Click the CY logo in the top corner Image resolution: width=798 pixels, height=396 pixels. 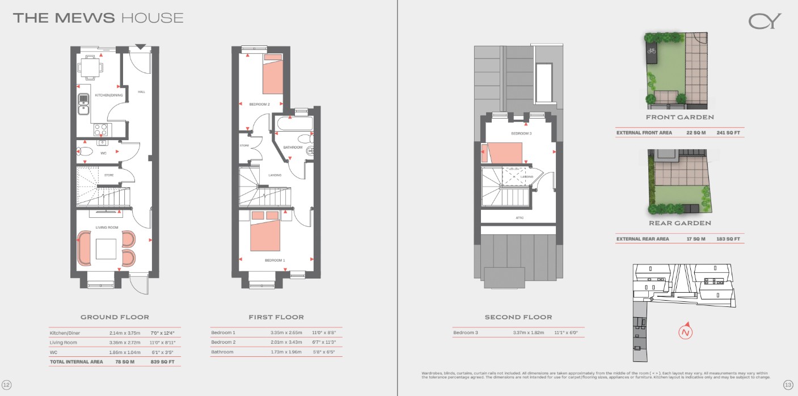tap(765, 21)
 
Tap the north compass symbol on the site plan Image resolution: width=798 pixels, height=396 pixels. tap(686, 331)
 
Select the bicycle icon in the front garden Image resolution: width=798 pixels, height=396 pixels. tap(651, 51)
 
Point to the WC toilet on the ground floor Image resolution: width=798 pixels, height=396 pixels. tap(86, 151)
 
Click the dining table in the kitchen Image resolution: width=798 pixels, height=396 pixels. tap(91, 67)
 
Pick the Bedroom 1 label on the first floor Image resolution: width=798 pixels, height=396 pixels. tap(275, 260)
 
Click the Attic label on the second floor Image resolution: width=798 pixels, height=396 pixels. tap(520, 218)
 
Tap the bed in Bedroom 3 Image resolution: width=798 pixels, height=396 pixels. tap(503, 153)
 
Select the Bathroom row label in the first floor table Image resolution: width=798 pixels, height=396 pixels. tap(222, 352)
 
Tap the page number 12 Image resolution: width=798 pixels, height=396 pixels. tap(7, 385)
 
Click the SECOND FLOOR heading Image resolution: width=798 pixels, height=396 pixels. tap(518, 317)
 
